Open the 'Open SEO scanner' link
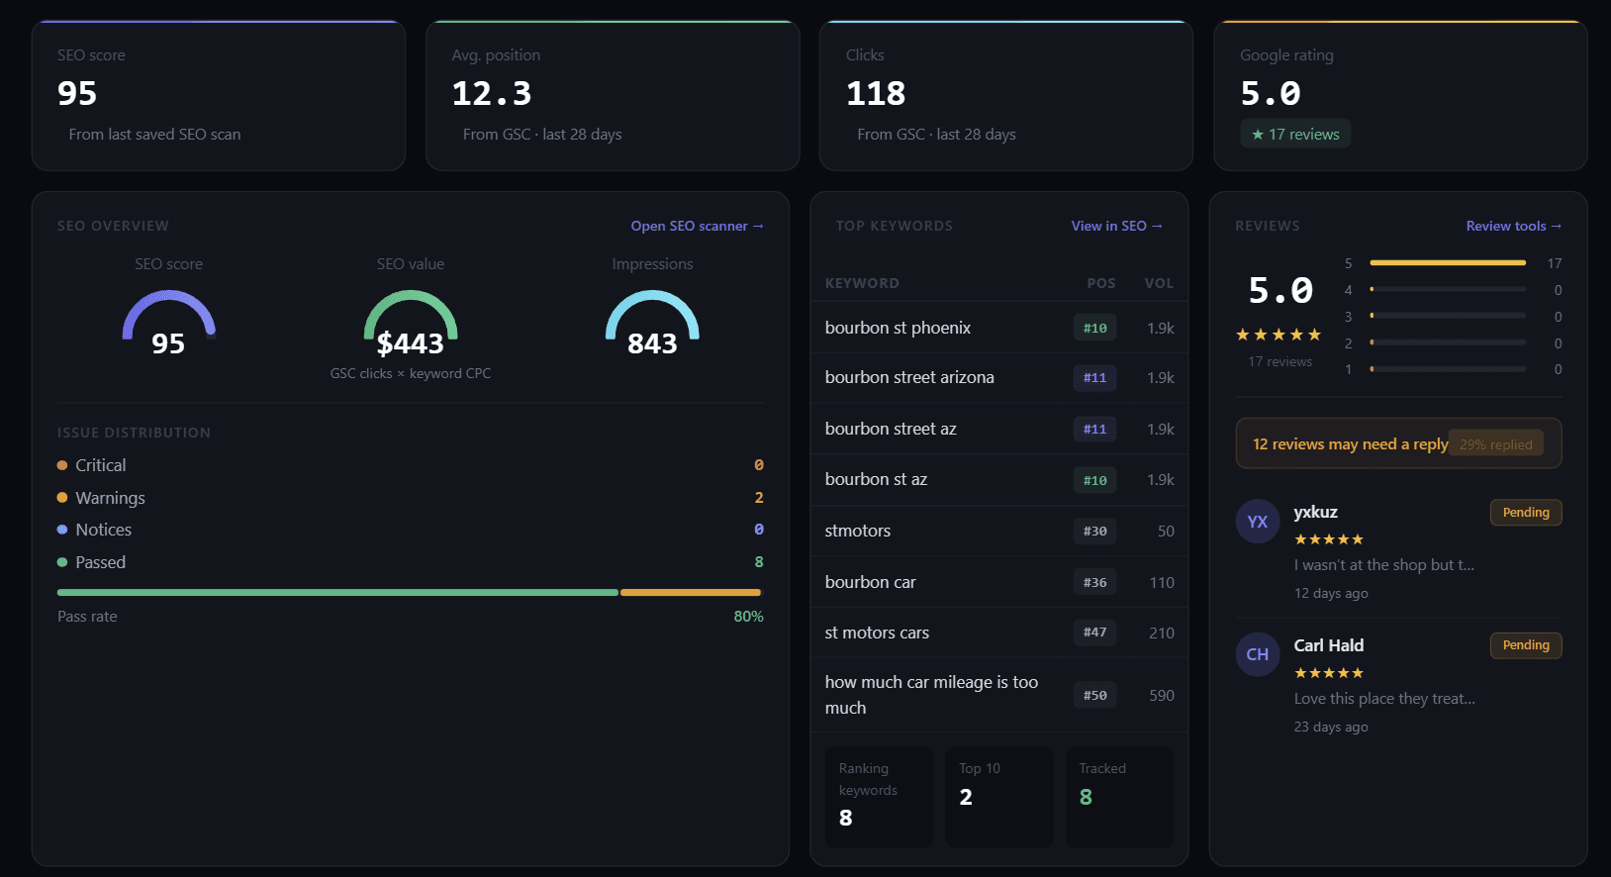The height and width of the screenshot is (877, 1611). click(x=697, y=226)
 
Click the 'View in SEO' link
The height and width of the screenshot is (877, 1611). click(x=1116, y=226)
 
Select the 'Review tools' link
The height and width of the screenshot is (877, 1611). click(x=1513, y=226)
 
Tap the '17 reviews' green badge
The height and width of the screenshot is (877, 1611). click(x=1295, y=134)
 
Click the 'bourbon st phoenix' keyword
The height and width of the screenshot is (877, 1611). click(x=898, y=328)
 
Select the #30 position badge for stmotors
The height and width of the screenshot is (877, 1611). click(x=1094, y=532)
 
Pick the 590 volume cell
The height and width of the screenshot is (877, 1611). click(x=1162, y=696)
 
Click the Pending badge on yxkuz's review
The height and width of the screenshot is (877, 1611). click(x=1525, y=513)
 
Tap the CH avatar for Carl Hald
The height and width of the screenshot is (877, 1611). click(x=1258, y=654)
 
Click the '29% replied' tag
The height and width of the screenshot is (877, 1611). click(x=1495, y=444)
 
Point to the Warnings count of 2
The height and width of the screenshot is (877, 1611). click(x=759, y=498)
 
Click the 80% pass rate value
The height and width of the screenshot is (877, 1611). click(x=748, y=617)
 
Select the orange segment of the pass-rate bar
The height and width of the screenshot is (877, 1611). click(x=690, y=593)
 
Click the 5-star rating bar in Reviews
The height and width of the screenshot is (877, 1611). click(x=1447, y=263)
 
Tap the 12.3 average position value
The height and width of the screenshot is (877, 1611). click(x=492, y=94)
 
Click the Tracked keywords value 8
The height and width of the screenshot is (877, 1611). click(x=1086, y=798)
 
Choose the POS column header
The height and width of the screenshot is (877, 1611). click(x=1100, y=283)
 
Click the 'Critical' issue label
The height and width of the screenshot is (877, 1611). click(x=101, y=465)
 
